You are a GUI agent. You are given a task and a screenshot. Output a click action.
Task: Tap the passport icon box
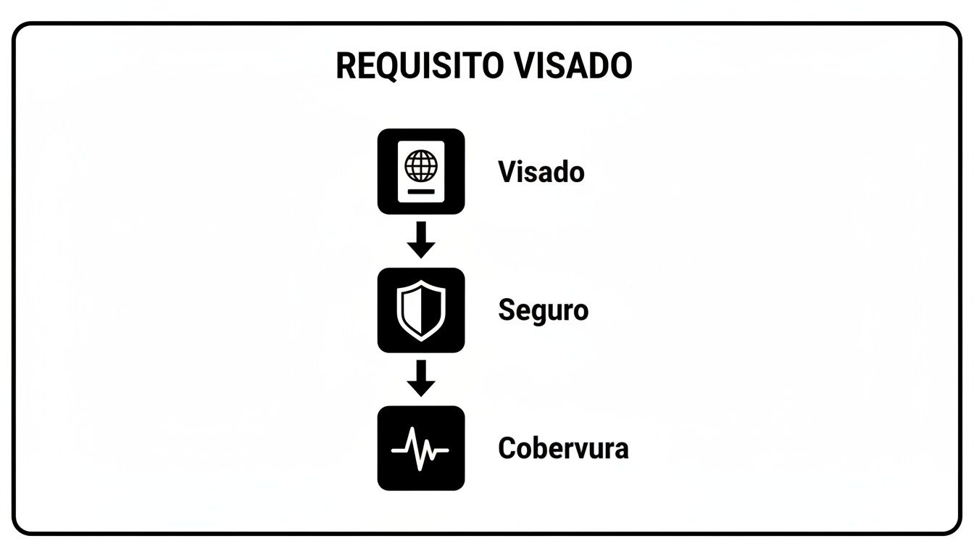click(x=421, y=171)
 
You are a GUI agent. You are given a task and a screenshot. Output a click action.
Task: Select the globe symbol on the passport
click(x=421, y=165)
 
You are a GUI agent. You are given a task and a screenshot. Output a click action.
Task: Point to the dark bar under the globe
click(x=421, y=191)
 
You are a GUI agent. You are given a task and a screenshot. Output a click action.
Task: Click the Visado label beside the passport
click(x=541, y=172)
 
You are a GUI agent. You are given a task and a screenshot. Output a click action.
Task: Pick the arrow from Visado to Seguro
click(x=421, y=240)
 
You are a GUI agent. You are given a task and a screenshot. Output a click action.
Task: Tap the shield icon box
click(x=421, y=310)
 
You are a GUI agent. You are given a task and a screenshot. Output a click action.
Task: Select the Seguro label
click(x=543, y=310)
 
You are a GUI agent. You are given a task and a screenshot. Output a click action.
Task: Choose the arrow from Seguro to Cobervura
click(x=421, y=378)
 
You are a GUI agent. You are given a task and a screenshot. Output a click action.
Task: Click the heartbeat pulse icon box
click(x=421, y=447)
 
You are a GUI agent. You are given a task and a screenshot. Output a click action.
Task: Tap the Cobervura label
click(x=562, y=448)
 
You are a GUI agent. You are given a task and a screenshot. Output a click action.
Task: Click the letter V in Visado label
click(x=507, y=172)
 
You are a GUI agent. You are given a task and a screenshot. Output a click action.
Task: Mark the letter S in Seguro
click(x=506, y=310)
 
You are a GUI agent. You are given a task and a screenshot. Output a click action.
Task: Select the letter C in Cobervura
click(x=507, y=448)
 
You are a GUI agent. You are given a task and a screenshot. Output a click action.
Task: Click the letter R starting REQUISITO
click(x=345, y=66)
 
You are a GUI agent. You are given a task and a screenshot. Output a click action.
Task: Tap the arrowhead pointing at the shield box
click(x=421, y=250)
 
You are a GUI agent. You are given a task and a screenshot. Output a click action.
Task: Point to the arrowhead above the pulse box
click(x=421, y=388)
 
